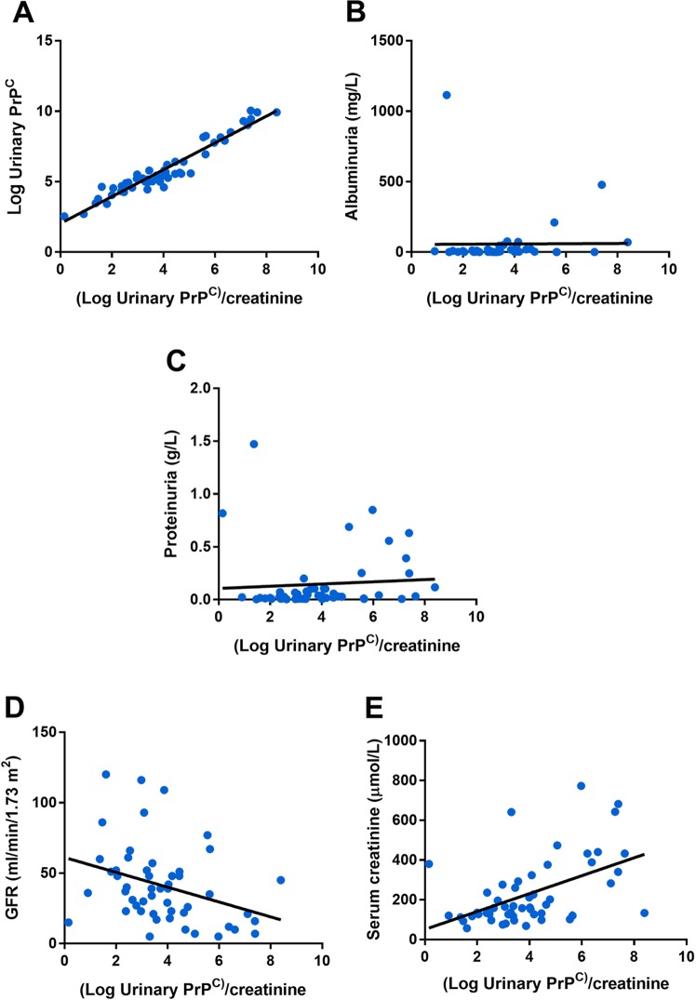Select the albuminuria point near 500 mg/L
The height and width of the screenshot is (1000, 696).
pyautogui.click(x=602, y=184)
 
